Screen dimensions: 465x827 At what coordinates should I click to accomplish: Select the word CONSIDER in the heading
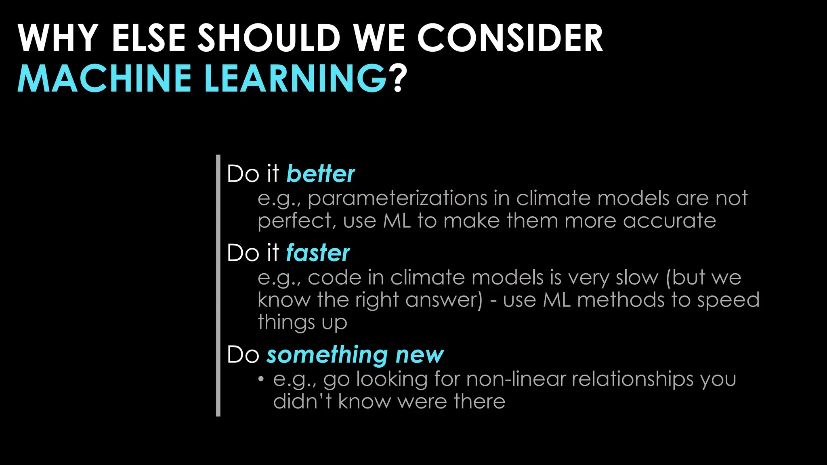510,38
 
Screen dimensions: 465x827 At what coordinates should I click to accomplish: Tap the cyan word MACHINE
104,78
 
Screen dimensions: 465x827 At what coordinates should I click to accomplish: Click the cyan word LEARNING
296,78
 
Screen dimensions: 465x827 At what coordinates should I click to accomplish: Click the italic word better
320,174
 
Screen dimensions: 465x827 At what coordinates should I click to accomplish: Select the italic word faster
318,253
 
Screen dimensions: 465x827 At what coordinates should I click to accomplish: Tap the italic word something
327,355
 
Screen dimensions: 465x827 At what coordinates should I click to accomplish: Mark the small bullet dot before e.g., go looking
261,379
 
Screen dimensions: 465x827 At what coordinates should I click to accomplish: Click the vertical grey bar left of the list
218,285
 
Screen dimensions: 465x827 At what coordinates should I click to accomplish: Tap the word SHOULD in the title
269,38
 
